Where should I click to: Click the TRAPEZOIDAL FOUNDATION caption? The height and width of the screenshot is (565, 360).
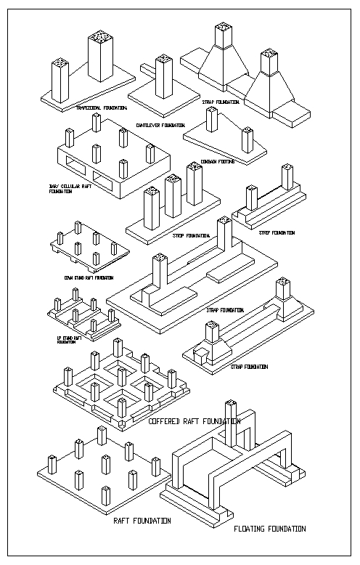pyautogui.click(x=102, y=107)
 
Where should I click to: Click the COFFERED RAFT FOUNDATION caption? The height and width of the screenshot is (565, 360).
pyautogui.click(x=194, y=421)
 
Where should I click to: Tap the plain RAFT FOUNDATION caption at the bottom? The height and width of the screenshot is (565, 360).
pyautogui.click(x=142, y=521)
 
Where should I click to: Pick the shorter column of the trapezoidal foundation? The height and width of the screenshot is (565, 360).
pyautogui.click(x=59, y=80)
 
